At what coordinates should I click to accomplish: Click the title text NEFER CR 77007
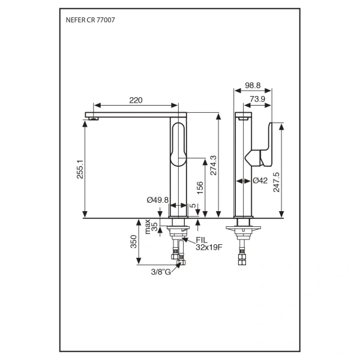90,20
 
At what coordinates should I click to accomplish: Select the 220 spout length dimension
136,100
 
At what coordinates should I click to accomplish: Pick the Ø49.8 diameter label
158,200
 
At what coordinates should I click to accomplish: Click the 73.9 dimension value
259,99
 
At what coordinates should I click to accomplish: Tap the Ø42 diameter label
260,180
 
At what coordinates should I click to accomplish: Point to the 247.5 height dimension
277,182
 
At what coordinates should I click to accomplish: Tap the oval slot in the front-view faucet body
179,144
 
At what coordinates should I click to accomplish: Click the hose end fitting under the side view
243,260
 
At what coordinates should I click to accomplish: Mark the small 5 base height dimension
193,206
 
